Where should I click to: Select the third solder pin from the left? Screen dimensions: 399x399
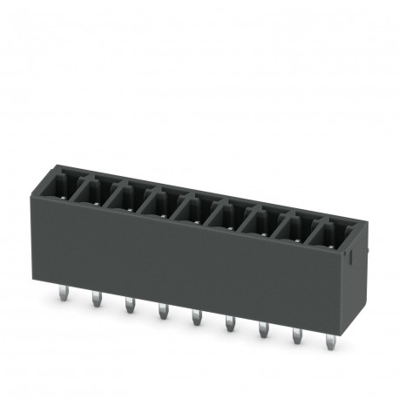[128, 305]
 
